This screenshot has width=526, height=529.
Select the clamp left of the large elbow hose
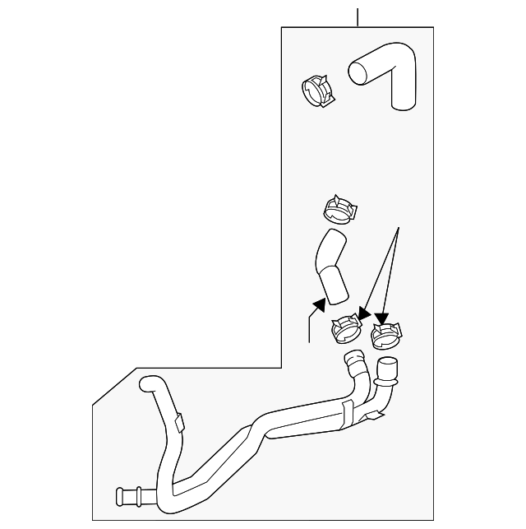tap(317, 90)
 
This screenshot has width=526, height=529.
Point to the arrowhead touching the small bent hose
tap(316, 307)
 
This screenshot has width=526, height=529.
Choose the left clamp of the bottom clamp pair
tap(347, 330)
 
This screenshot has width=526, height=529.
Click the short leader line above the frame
tap(358, 17)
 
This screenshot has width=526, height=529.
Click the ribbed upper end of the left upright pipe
tap(354, 359)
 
